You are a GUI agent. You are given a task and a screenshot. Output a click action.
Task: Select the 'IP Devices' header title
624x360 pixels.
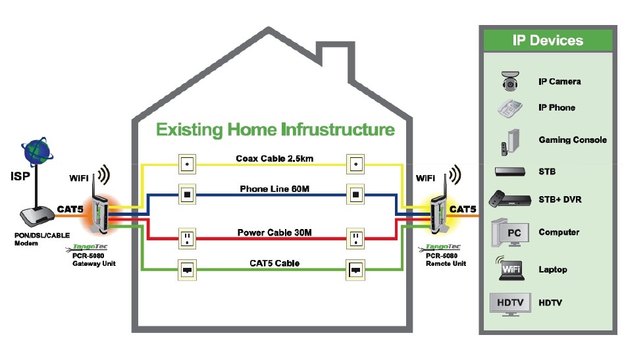(x=548, y=40)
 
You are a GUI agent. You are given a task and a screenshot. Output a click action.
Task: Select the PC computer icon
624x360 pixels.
(x=509, y=232)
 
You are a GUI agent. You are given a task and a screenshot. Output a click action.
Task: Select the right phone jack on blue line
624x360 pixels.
(x=356, y=194)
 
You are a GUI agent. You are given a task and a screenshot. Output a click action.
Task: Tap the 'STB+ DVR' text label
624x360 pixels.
(x=559, y=199)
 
